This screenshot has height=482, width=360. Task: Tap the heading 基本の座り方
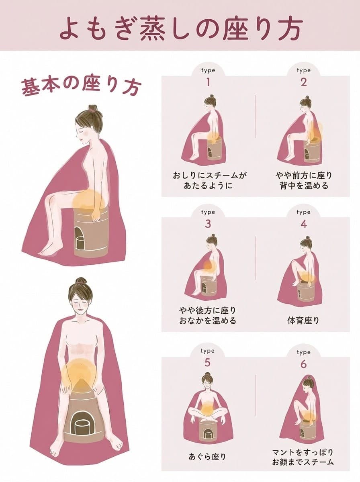[80, 86]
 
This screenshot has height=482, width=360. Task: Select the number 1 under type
[208, 82]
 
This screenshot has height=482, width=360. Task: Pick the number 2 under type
[303, 82]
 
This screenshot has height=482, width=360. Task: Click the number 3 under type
[208, 224]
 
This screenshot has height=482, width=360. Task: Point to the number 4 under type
[303, 224]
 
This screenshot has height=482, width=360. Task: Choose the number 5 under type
[208, 363]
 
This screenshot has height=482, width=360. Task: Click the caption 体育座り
[303, 321]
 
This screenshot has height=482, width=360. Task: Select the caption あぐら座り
[207, 456]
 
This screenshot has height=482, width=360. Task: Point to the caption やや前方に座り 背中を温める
[303, 180]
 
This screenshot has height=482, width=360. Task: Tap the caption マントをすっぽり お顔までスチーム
[303, 457]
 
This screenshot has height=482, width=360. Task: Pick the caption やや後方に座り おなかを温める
[208, 316]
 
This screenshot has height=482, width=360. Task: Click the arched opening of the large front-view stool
[81, 425]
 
